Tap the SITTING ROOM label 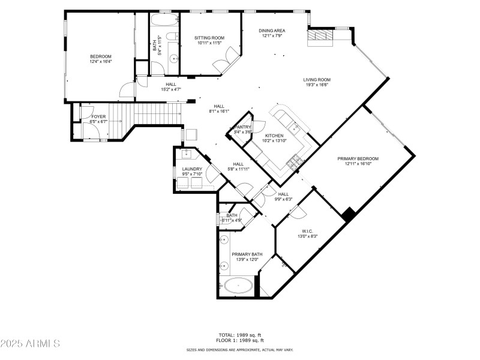(209, 38)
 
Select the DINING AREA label (272, 31)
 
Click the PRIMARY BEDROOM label (358, 159)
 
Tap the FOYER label (98, 117)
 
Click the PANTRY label (244, 127)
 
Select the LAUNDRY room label (192, 169)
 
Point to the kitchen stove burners (295, 160)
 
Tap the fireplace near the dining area (320, 37)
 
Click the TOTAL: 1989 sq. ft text (239, 335)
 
